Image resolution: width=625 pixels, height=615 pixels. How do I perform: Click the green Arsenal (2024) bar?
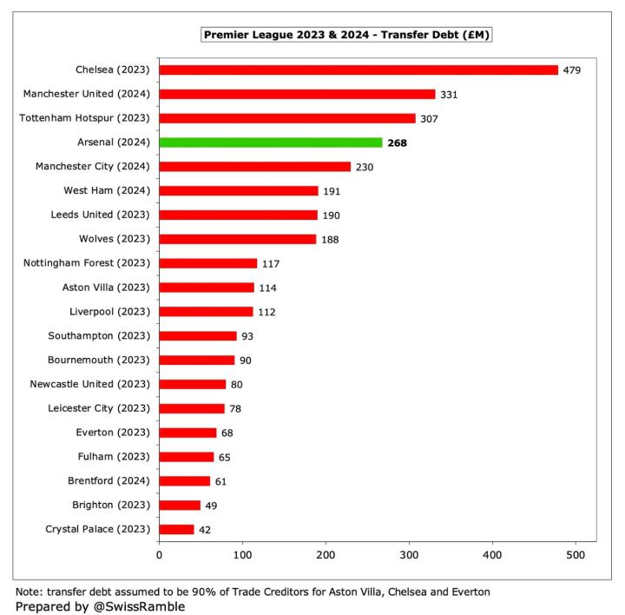(271, 142)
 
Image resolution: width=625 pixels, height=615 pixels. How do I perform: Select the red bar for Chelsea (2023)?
(359, 69)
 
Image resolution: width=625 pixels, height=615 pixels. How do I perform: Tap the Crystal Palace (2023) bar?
(177, 529)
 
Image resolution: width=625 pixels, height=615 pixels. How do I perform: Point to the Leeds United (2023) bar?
(239, 215)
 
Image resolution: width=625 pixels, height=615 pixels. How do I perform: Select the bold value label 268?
(398, 142)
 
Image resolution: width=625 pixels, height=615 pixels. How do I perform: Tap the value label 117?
(272, 263)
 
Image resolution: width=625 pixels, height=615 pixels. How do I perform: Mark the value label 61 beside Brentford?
(223, 480)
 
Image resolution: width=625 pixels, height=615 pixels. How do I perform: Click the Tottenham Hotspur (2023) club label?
(86, 118)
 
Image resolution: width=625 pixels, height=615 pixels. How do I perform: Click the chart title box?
(346, 35)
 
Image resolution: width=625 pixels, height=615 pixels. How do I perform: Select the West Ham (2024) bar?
(239, 190)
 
